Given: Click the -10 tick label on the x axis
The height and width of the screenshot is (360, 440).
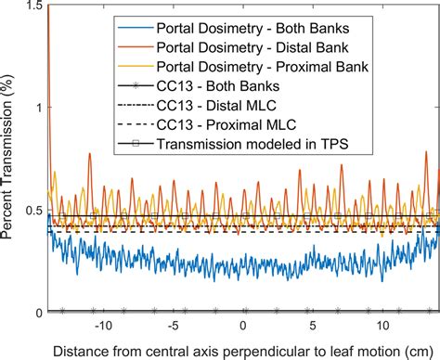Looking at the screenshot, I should (x=102, y=326).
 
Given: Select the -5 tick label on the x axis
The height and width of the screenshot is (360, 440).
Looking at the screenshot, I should (x=173, y=326).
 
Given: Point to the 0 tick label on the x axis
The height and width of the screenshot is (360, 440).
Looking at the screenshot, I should (x=243, y=326).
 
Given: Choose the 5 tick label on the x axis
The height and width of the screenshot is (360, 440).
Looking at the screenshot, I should (x=313, y=326).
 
